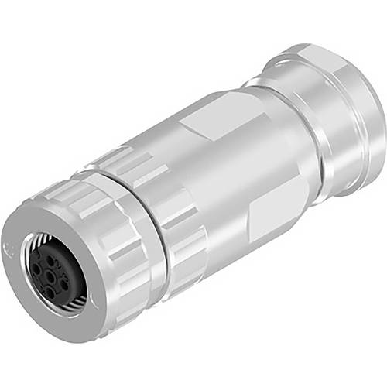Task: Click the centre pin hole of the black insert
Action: click(x=50, y=276)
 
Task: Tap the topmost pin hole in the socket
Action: click(x=50, y=261)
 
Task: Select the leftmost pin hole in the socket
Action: click(x=36, y=269)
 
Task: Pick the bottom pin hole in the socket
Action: click(x=50, y=293)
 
